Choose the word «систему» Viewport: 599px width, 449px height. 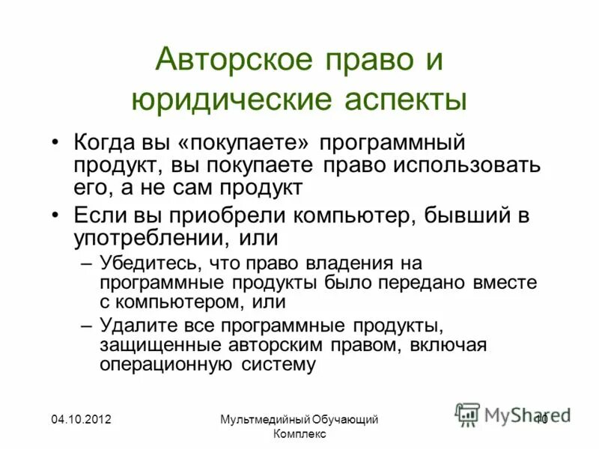(x=280, y=365)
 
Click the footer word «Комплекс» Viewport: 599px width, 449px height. (x=299, y=435)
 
